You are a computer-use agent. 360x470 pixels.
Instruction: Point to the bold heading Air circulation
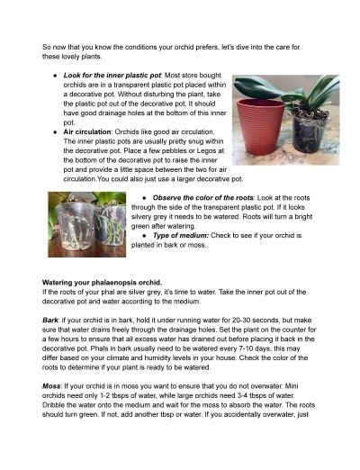coord(84,131)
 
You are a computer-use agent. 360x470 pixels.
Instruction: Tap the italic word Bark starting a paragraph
coord(51,318)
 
